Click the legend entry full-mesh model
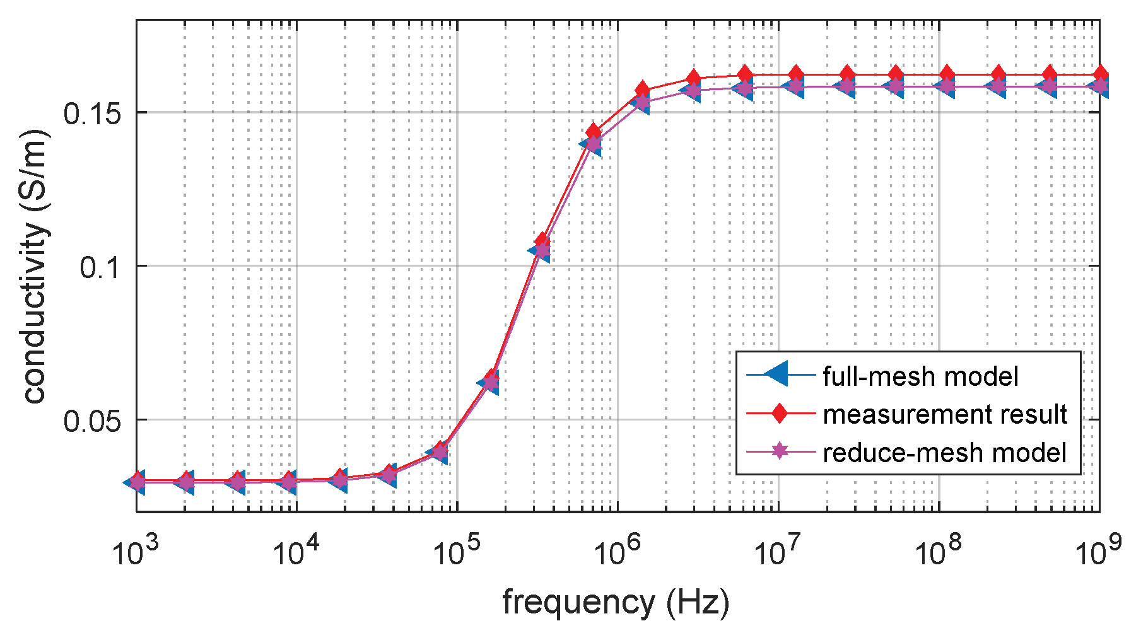coord(920,376)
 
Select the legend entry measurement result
coord(944,414)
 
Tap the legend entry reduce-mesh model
coord(944,452)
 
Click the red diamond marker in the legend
coord(780,414)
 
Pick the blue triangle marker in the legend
coord(779,376)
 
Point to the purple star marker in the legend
coord(780,451)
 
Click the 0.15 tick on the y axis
coord(94,113)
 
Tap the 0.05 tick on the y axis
coord(94,421)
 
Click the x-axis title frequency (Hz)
coord(616,602)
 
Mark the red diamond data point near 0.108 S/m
coord(542,240)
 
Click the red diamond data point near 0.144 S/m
coord(594,131)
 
